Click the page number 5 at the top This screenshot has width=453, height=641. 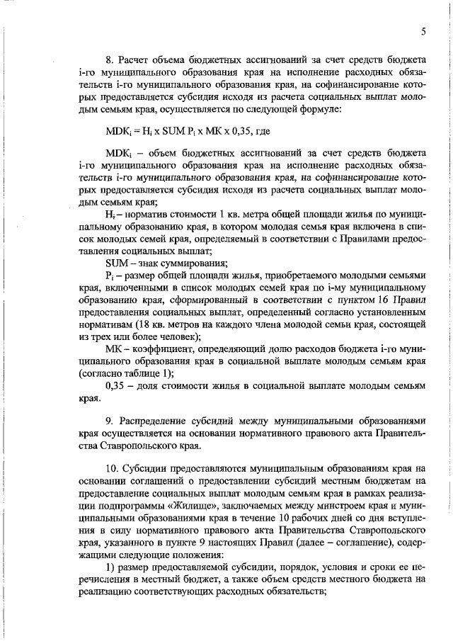coord(423,31)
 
